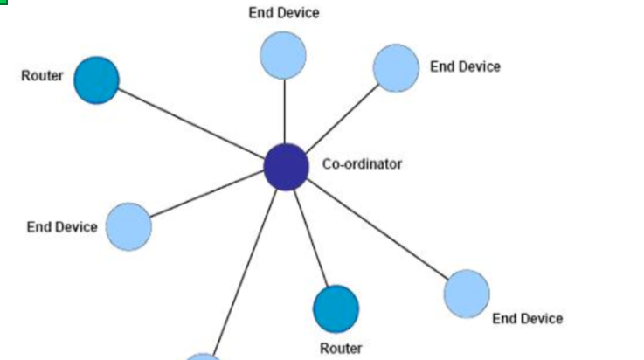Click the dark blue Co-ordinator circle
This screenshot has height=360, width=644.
pyautogui.click(x=286, y=166)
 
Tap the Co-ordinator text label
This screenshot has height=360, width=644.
pyautogui.click(x=362, y=163)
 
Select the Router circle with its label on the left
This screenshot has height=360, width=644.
pyautogui.click(x=95, y=80)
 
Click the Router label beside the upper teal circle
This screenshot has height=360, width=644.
pyautogui.click(x=42, y=76)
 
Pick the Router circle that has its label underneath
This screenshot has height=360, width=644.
pyautogui.click(x=336, y=308)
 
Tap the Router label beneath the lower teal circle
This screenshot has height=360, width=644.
pyautogui.click(x=340, y=349)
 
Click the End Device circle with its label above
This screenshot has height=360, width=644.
pyautogui.click(x=283, y=54)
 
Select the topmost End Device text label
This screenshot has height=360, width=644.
pyautogui.click(x=283, y=13)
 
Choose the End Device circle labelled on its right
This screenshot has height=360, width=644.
pyautogui.click(x=396, y=68)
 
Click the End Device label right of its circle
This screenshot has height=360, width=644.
pyautogui.click(x=465, y=66)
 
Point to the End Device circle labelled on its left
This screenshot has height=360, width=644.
pyautogui.click(x=128, y=226)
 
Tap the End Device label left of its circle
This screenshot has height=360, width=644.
pyautogui.click(x=62, y=227)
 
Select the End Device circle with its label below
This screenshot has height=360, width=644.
pyautogui.click(x=467, y=293)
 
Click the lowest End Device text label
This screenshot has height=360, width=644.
pyautogui.click(x=527, y=319)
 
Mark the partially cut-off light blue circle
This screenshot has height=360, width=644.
pyautogui.click(x=204, y=357)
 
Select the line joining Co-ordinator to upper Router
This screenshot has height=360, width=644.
pyautogui.click(x=192, y=124)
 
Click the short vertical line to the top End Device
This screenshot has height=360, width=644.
pyautogui.click(x=284, y=109)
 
